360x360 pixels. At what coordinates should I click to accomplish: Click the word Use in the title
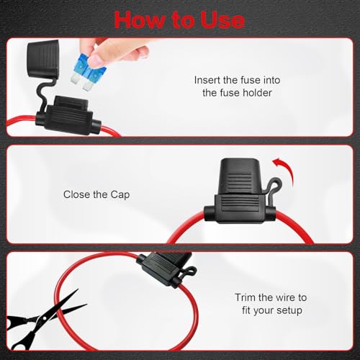coord(222,20)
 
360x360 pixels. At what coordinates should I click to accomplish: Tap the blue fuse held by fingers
coord(89,71)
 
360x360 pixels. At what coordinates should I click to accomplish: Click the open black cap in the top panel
coord(44,58)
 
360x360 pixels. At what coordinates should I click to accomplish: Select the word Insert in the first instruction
coord(207,80)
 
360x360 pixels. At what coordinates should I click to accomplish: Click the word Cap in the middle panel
coord(120,195)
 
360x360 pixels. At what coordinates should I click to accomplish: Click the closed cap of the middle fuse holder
coord(240,176)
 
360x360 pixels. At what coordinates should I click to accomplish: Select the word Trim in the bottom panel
coord(245,297)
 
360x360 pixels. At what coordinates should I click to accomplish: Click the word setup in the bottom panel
coord(289,310)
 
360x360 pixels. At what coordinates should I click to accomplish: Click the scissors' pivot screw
coord(44,318)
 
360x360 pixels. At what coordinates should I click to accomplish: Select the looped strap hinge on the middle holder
coord(273,186)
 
